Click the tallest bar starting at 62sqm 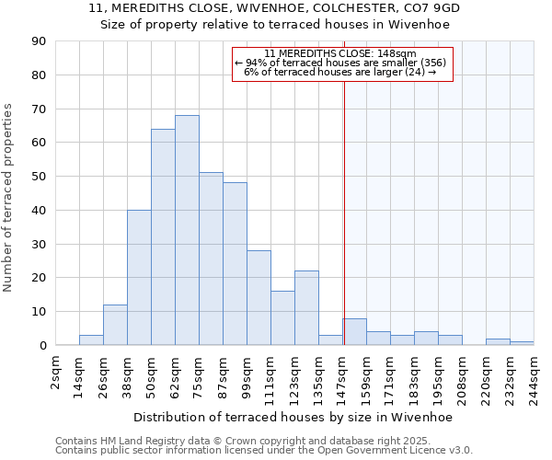coord(187,230)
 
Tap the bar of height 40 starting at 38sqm coord(139,278)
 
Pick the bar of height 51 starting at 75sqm coord(211,259)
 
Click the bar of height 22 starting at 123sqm coord(306,308)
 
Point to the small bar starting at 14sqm coord(91,340)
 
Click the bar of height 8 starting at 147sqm coord(354,332)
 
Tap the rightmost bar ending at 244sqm coord(522,343)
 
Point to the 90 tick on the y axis coord(39,41)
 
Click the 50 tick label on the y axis coord(39,177)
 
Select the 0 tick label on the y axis coord(42,346)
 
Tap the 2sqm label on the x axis coord(55,373)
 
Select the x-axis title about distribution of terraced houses coord(293,417)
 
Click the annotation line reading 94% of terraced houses coord(340,63)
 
